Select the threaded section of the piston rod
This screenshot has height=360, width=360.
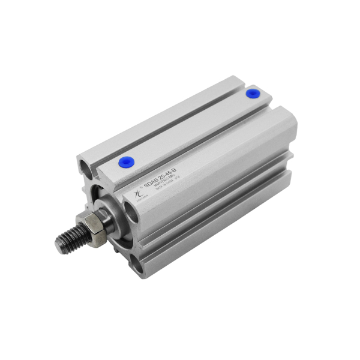point(71,239)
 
